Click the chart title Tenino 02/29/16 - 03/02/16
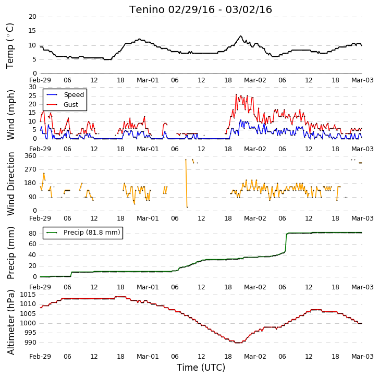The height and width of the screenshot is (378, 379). point(201,10)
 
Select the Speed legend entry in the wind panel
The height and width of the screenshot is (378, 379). point(65,95)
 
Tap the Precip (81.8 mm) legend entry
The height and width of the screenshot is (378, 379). point(83,233)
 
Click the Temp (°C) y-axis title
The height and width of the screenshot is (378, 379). point(10,46)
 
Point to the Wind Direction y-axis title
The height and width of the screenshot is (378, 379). point(10,184)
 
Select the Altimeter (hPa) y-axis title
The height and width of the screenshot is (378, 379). point(10,322)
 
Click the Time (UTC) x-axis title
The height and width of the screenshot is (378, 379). point(201,368)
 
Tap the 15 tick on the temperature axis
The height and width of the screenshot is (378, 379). point(32,31)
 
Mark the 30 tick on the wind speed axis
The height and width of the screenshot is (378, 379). point(32,87)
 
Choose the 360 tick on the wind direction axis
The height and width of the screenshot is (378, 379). point(30,156)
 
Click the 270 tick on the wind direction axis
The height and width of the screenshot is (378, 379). point(30,169)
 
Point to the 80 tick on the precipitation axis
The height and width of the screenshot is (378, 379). point(32,234)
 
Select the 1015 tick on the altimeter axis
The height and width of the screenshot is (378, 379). point(28,295)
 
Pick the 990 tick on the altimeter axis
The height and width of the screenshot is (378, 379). point(30,343)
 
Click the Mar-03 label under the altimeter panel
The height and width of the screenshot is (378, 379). point(362,357)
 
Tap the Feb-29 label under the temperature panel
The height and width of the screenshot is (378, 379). point(40,80)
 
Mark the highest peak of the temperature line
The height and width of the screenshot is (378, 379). point(240,36)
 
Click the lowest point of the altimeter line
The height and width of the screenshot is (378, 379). point(239,343)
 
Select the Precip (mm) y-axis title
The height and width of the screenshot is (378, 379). point(10,253)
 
